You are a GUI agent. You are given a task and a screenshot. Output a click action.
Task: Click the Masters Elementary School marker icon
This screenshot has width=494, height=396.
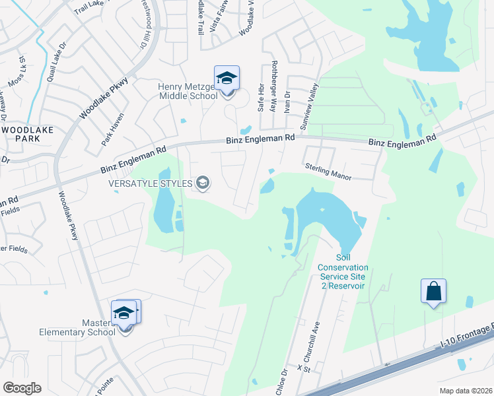pyautogui.click(x=124, y=313)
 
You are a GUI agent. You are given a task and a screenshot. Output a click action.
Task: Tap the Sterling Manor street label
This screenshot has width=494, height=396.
pyautogui.click(x=330, y=172)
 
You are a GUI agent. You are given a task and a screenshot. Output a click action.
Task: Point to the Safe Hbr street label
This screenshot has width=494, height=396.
pyautogui.click(x=261, y=97)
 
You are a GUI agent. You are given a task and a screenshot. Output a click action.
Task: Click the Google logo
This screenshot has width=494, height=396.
pyautogui.click(x=22, y=388)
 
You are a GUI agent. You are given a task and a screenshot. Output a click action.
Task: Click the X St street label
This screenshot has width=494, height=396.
pyautogui.click(x=303, y=367)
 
